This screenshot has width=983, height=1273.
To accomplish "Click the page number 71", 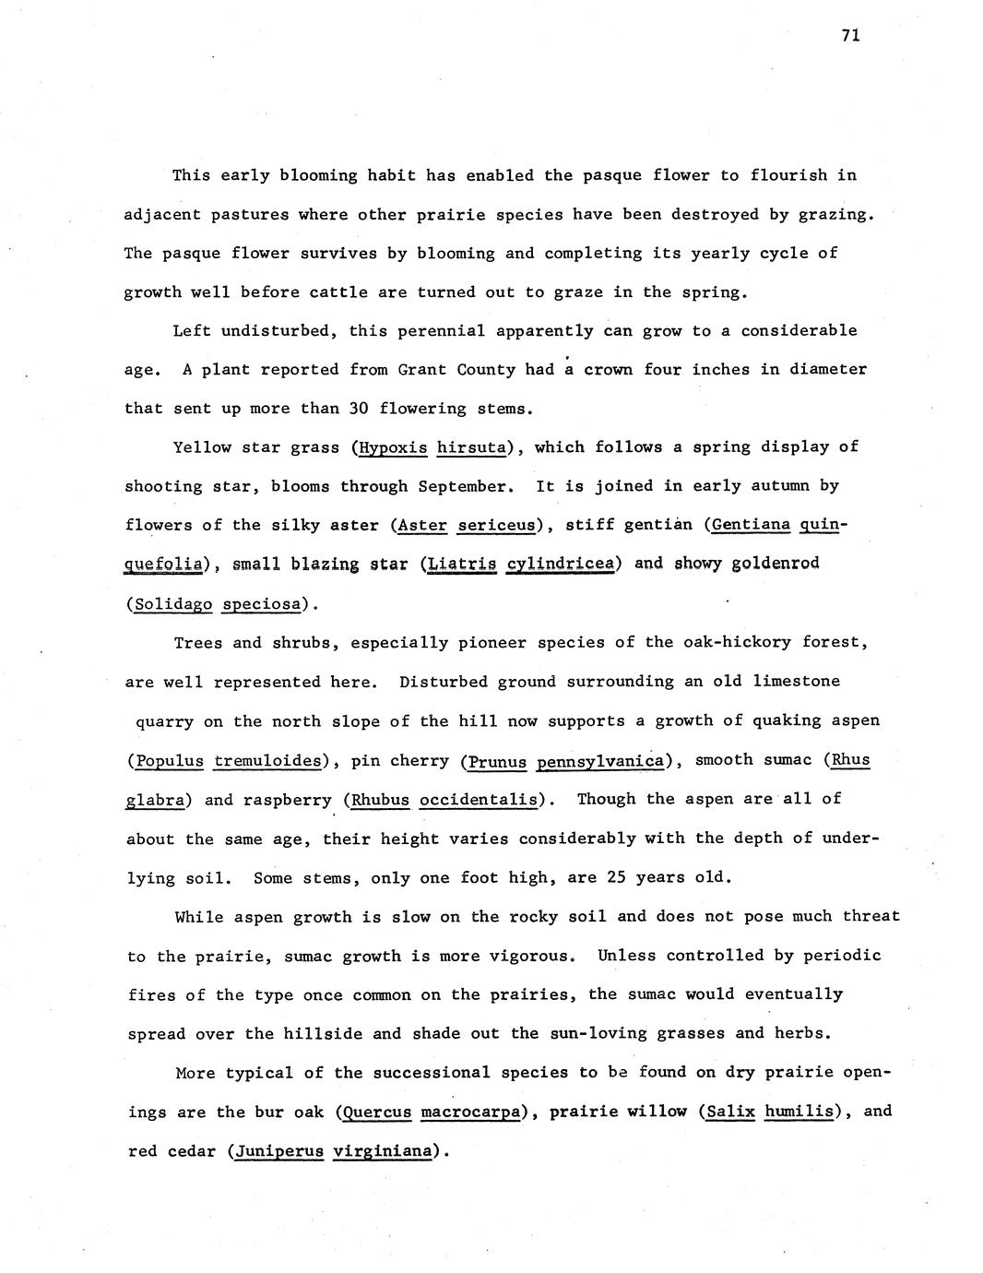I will (x=850, y=35).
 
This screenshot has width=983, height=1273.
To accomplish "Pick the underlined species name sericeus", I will (x=496, y=526).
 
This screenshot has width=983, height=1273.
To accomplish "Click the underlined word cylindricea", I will (x=560, y=564).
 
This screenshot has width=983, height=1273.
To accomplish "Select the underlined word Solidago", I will (x=173, y=604).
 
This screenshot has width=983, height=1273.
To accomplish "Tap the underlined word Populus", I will (x=169, y=761).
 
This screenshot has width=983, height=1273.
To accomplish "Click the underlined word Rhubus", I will (x=380, y=800).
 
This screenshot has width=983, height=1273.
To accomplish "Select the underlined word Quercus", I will (x=376, y=1112).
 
